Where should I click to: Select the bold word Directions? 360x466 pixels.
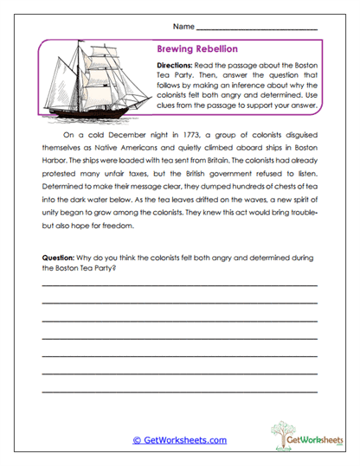(177, 66)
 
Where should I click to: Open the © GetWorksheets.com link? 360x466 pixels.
(180, 440)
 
